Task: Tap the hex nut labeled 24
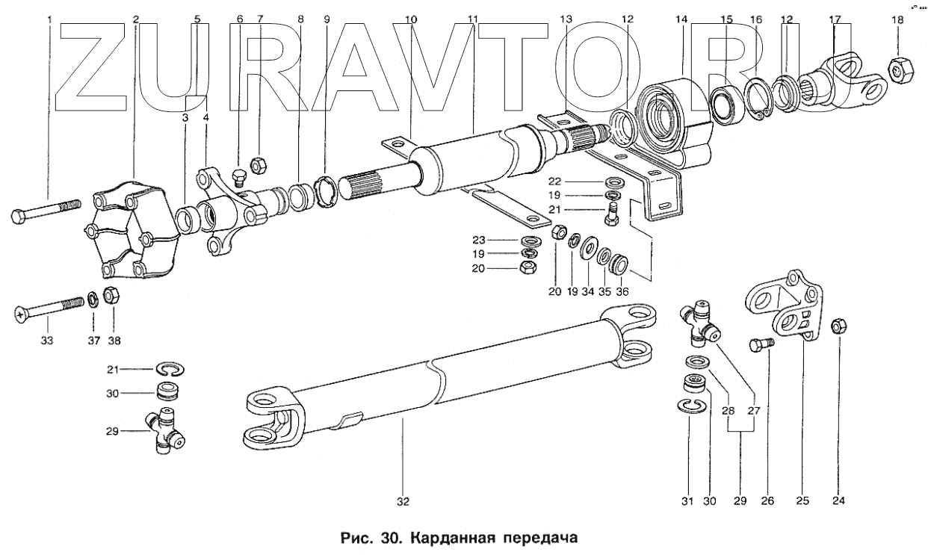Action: click(x=838, y=326)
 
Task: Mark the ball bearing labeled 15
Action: click(x=724, y=105)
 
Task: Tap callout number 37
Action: click(x=93, y=341)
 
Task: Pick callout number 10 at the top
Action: click(x=410, y=18)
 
